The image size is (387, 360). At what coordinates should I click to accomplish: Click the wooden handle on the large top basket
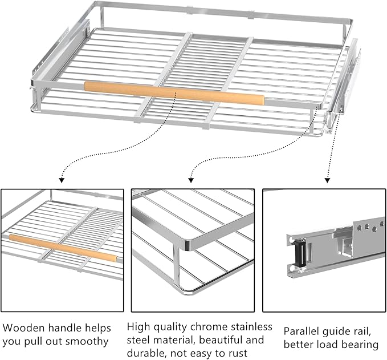174,92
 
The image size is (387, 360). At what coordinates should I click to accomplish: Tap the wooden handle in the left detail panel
63,247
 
